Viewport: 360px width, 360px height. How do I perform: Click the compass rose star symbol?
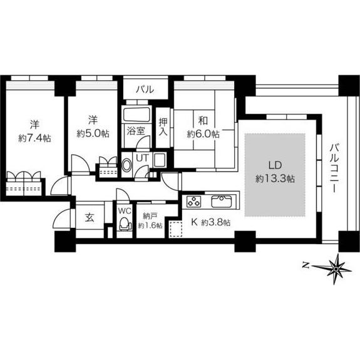click(336, 269)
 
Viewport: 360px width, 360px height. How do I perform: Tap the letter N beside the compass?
click(305, 265)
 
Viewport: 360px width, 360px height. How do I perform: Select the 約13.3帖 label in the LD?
click(275, 178)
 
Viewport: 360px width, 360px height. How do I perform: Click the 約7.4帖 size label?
click(34, 138)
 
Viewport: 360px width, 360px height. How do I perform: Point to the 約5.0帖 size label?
click(93, 133)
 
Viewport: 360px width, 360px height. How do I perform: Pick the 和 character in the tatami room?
click(203, 121)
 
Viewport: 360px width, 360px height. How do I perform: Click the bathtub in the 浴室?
click(137, 115)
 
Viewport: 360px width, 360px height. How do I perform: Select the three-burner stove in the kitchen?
click(193, 202)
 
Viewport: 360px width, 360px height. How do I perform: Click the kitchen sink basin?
click(222, 201)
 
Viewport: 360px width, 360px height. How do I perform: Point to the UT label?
click(142, 158)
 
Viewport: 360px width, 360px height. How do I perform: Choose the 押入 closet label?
click(163, 127)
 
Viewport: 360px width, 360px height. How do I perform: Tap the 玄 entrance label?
click(90, 217)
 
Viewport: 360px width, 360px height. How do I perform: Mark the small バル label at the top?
click(145, 89)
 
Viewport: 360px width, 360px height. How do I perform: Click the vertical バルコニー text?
click(334, 168)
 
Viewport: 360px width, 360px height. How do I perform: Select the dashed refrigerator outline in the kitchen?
click(176, 229)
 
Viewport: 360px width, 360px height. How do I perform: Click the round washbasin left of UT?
click(126, 165)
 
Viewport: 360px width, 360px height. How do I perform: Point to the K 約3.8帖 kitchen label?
click(211, 222)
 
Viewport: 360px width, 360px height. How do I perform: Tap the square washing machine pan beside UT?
click(160, 160)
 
